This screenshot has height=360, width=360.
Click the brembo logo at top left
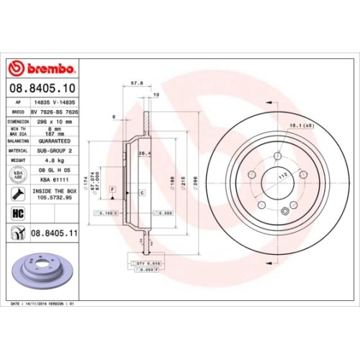[41, 69]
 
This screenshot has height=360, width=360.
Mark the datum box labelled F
[113, 189]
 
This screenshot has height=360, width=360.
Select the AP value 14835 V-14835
[52, 104]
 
